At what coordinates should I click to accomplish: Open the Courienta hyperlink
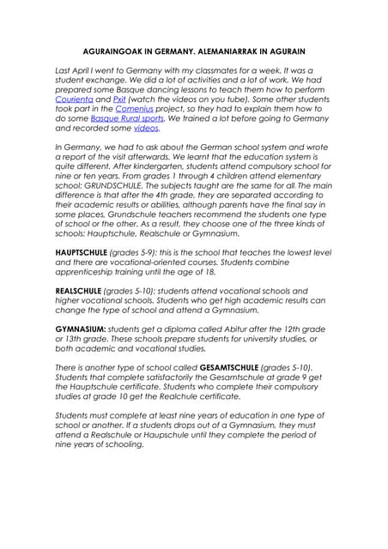click(74, 100)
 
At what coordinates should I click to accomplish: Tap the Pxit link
click(119, 100)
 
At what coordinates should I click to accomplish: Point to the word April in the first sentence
click(82, 71)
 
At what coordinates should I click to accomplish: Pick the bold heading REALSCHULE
click(80, 291)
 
